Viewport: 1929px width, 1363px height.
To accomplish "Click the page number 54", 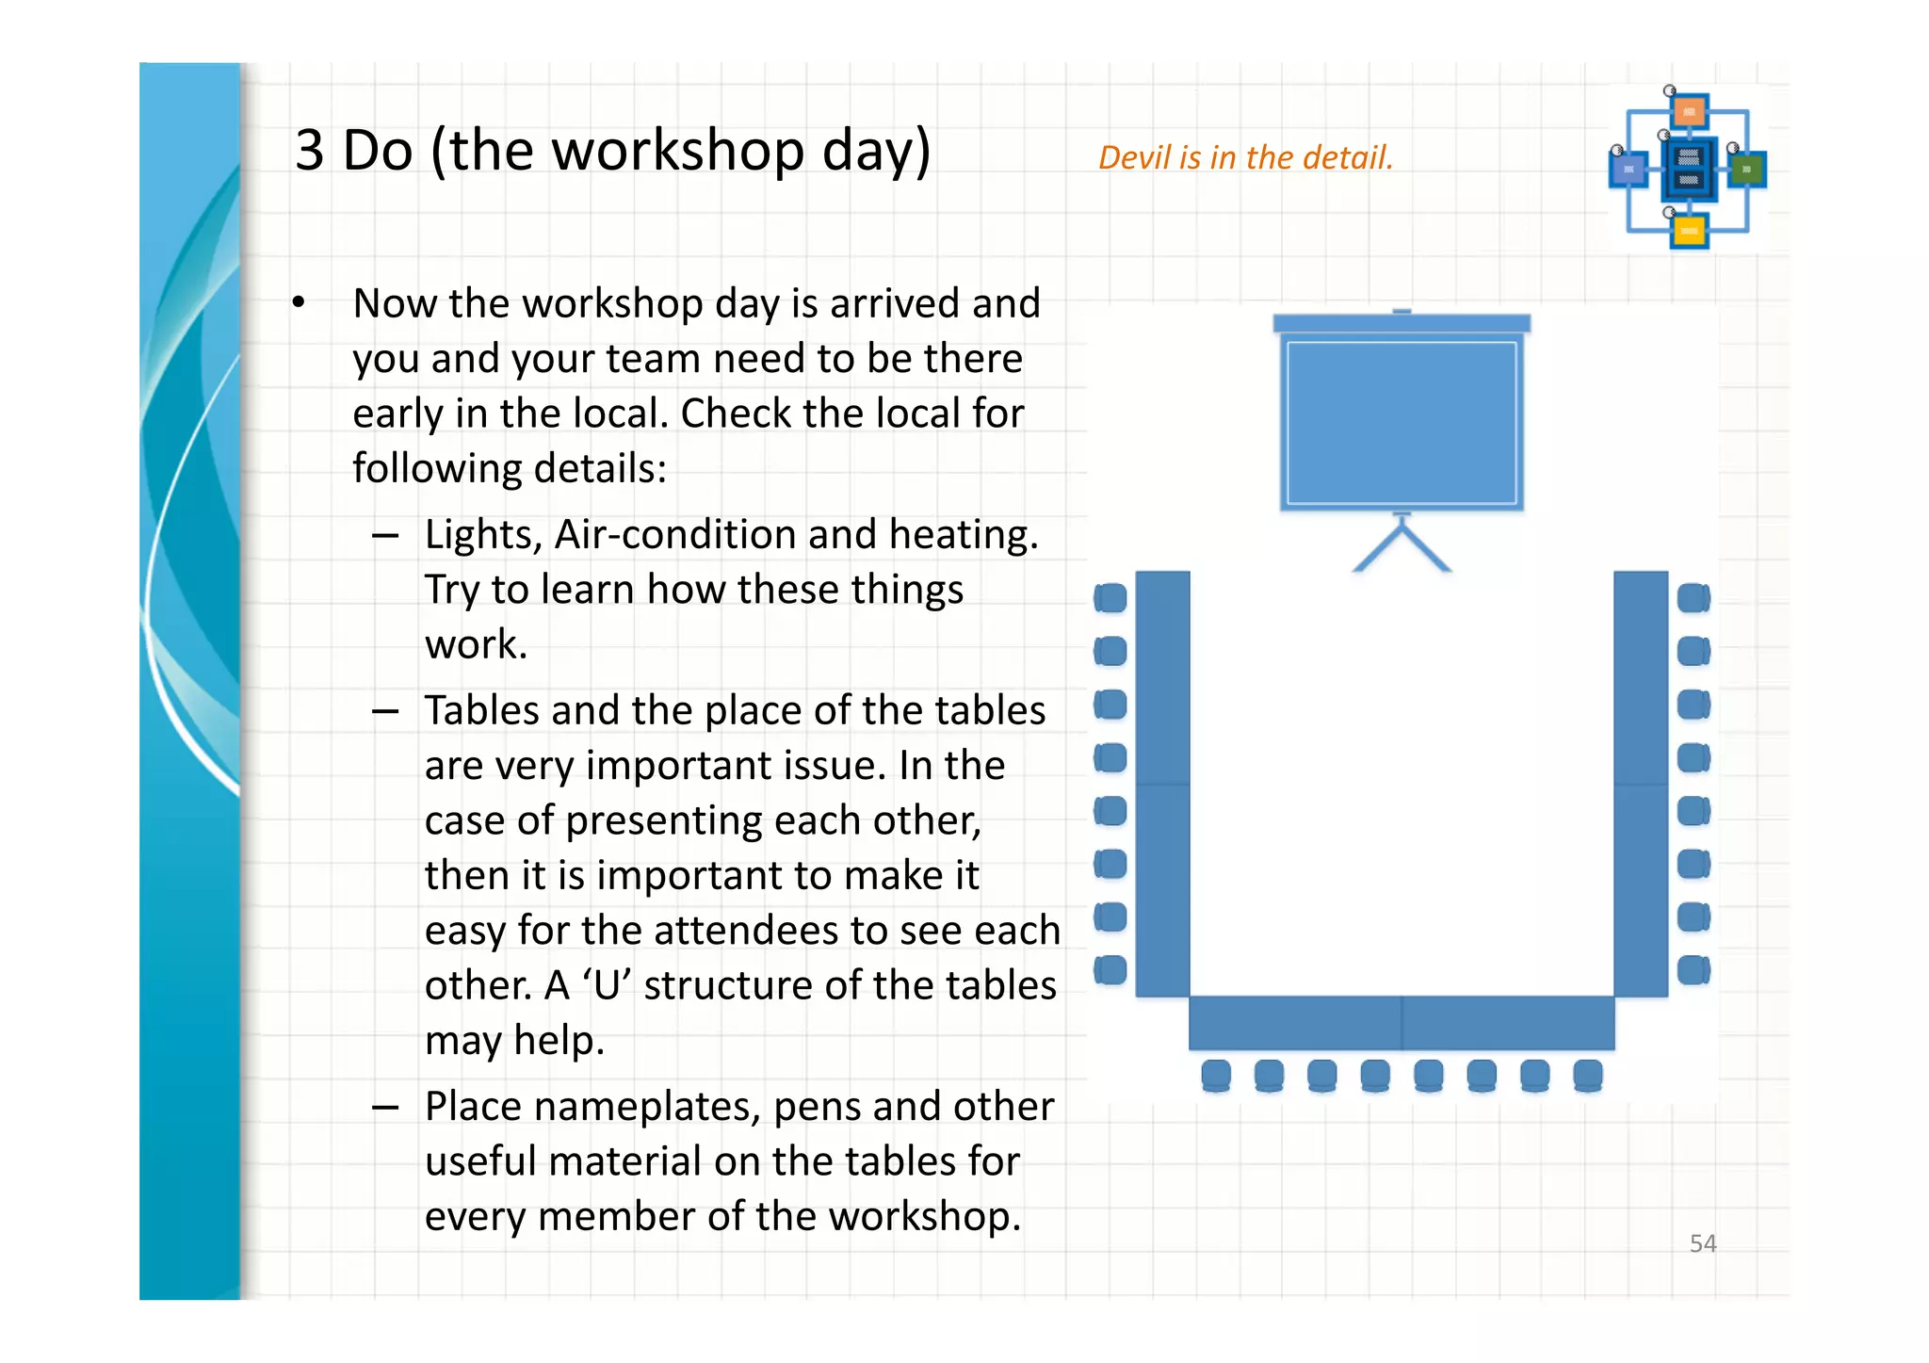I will coord(1702,1243).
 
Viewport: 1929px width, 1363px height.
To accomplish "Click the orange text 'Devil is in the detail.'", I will coord(1245,157).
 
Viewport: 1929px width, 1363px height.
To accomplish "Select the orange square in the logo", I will coord(1690,112).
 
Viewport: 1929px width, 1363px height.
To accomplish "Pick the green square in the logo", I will coord(1746,170).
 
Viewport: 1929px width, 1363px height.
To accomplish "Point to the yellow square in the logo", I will coord(1689,231).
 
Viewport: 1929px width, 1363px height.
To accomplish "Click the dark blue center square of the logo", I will coord(1689,169).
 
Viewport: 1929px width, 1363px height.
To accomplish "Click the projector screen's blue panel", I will coord(1402,423).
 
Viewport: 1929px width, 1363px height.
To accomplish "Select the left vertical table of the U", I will coord(1163,783).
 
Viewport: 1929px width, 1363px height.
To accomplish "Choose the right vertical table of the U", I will coord(1641,783).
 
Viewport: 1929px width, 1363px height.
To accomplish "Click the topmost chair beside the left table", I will coord(1110,598).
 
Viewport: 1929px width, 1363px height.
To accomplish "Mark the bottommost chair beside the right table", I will coord(1694,969).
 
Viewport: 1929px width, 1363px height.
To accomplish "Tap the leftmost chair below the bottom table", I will coord(1216,1075).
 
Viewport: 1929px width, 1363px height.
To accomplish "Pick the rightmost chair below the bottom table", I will coord(1588,1075).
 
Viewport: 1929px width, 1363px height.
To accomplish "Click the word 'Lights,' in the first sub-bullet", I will coord(483,535).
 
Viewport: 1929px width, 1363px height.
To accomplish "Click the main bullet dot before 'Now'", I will coord(299,302).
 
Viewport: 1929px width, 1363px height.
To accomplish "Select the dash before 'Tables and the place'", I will coord(384,712).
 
